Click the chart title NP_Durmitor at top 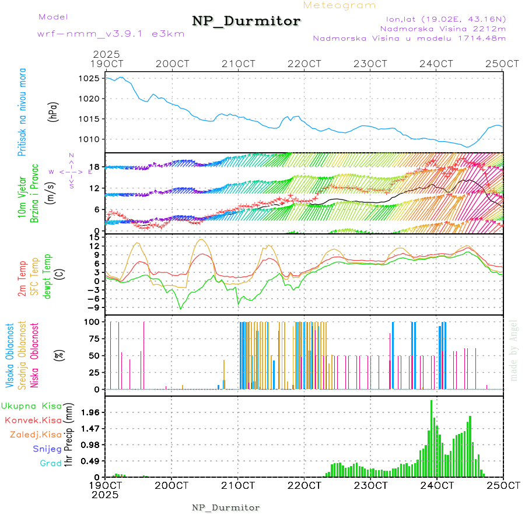pyautogui.click(x=246, y=22)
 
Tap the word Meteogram pyautogui.click(x=339, y=5)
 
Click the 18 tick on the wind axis pyautogui.click(x=93, y=167)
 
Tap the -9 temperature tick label pyautogui.click(x=92, y=307)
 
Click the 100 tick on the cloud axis pyautogui.click(x=90, y=321)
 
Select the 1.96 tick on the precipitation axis pyautogui.click(x=89, y=412)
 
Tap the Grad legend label pyautogui.click(x=50, y=463)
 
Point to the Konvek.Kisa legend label pyautogui.click(x=33, y=421)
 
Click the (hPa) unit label pyautogui.click(x=54, y=111)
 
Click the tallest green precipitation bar pyautogui.click(x=432, y=437)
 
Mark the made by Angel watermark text pyautogui.click(x=513, y=350)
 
